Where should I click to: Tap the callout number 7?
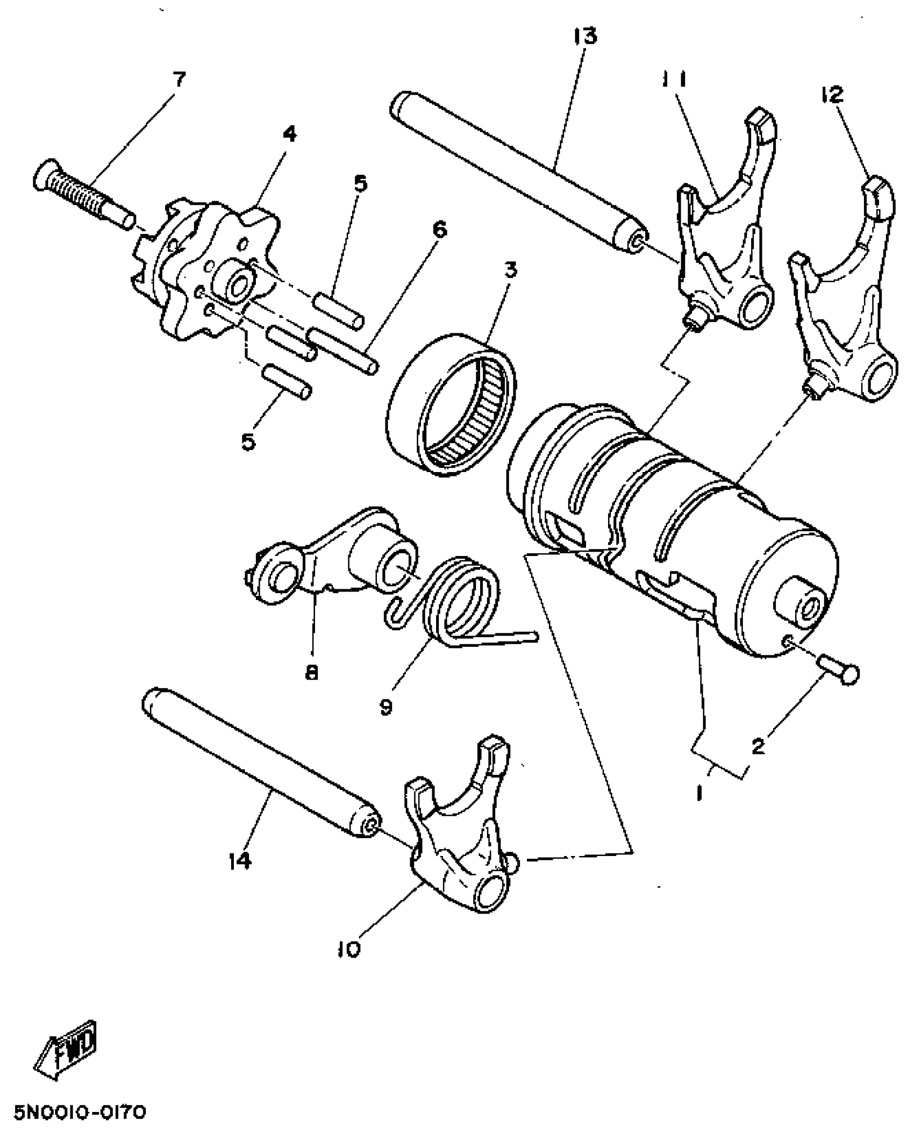[179, 80]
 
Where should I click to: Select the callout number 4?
[289, 134]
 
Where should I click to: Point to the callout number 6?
[439, 230]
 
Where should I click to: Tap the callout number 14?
[239, 861]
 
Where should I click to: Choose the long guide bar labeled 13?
[516, 172]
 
